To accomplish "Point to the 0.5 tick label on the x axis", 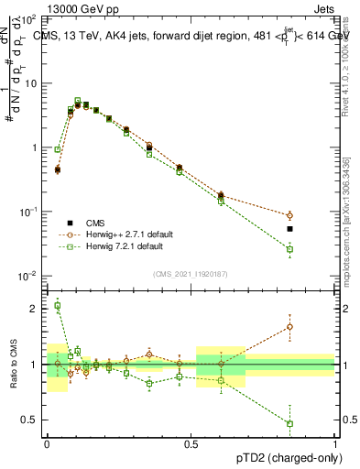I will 191,442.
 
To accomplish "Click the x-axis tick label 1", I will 335,442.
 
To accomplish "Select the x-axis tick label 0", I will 47,442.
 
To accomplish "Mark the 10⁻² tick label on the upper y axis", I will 27,276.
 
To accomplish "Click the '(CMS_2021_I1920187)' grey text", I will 191,272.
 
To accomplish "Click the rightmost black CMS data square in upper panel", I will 289,229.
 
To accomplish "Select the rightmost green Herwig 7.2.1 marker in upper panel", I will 289,249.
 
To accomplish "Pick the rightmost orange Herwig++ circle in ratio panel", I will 289,326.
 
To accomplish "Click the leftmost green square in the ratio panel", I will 57,306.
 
